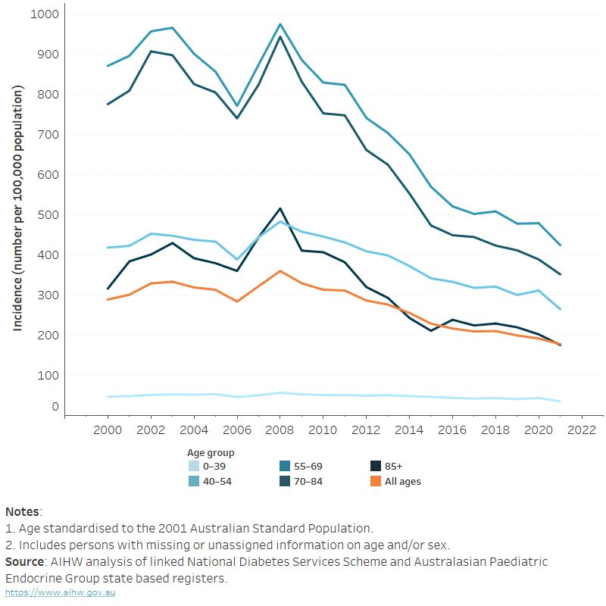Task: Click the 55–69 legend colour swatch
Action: [285, 466]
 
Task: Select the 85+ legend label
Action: [393, 466]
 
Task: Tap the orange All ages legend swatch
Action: [376, 481]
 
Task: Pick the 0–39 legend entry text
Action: [214, 466]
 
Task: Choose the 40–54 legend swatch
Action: [194, 481]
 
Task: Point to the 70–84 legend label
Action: [308, 481]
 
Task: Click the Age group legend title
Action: [211, 452]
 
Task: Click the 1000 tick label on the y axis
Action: [45, 14]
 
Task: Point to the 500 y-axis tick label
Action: [48, 215]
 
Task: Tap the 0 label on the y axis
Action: [55, 407]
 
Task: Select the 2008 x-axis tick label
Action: [280, 430]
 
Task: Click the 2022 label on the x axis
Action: [582, 430]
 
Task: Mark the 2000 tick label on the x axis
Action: [108, 430]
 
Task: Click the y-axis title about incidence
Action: [17, 208]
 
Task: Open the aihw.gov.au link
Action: [61, 592]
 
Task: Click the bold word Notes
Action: [22, 512]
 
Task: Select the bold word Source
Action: [24, 561]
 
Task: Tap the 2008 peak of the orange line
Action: [280, 271]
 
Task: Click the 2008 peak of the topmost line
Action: [280, 24]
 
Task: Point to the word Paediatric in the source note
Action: [519, 561]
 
